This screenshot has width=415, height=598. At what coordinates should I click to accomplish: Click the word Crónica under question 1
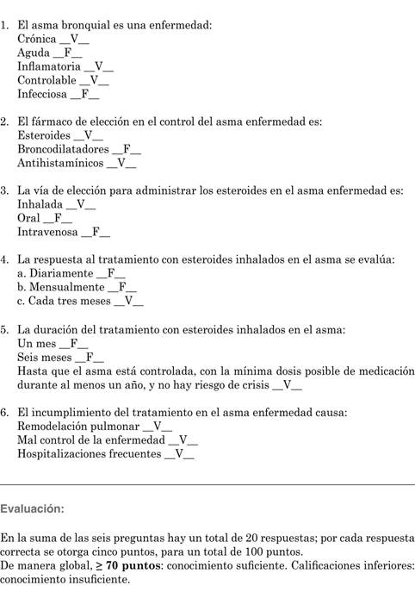36,39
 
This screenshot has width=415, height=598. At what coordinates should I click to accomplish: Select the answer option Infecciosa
43,94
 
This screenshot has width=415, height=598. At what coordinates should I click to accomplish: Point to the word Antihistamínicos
60,163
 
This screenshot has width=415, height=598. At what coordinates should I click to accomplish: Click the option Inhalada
40,204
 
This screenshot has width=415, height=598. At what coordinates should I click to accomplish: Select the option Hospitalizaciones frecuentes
90,453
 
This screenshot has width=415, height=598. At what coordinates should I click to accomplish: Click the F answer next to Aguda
68,53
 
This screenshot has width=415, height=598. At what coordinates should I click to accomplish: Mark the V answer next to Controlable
96,80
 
